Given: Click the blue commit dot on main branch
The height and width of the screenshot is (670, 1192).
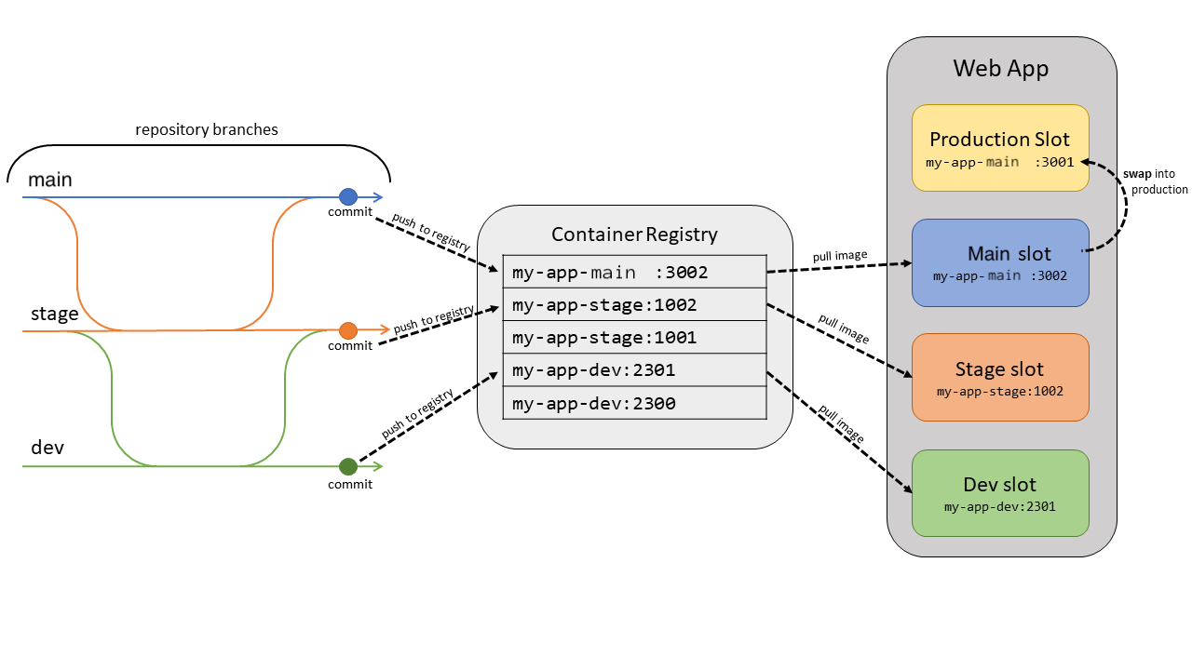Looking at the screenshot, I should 347,196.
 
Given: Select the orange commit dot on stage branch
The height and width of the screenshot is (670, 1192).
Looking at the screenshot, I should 347,330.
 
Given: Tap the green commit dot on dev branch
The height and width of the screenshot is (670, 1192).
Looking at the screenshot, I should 347,466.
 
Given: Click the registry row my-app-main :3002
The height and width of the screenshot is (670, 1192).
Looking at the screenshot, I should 633,273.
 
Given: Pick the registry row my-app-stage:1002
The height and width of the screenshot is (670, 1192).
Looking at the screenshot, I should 633,304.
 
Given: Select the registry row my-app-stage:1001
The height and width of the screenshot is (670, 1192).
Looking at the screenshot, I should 633,337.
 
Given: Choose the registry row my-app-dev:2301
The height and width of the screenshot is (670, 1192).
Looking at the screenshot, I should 633,370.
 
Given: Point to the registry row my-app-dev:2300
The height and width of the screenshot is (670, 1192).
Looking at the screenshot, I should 633,403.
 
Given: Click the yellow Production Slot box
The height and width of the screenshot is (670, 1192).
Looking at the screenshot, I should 999,148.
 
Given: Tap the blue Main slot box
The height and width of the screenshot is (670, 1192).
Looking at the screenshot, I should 999,262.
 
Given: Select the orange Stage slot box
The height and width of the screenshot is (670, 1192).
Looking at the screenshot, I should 999,377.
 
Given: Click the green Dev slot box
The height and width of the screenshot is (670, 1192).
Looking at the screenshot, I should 999,493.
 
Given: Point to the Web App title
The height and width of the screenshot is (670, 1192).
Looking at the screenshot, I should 1000,68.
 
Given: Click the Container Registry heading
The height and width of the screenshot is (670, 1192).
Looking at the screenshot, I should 634,234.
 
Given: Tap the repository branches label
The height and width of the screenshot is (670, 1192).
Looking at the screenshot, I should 206,129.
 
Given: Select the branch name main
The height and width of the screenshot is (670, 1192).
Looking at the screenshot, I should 50,180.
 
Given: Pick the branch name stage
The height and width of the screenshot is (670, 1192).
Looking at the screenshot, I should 55,314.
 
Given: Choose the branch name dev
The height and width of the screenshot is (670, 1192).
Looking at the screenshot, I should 47,448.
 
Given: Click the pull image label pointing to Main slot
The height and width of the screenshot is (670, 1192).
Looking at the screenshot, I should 839,255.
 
